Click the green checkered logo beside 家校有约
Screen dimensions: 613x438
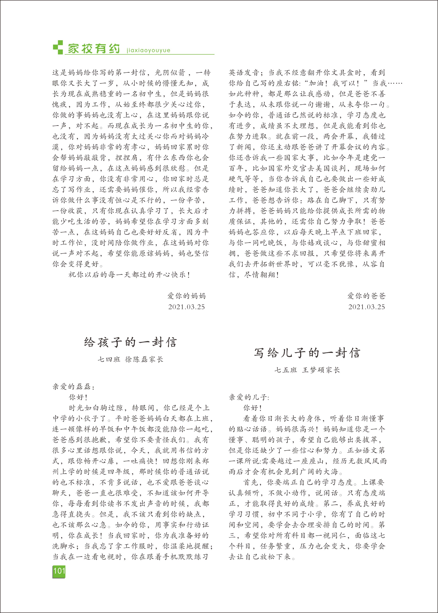coord(58,47)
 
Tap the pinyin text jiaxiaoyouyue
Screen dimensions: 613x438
coord(148,50)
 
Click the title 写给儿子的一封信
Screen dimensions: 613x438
coord(307,353)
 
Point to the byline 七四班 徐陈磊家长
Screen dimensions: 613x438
coord(130,359)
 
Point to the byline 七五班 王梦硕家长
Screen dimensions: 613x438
coord(307,370)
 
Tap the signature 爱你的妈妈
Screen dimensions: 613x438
coord(186,296)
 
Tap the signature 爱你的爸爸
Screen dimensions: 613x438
coord(366,296)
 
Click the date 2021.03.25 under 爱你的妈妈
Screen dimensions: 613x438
coord(186,307)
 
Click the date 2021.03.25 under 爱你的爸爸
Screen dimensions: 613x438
coord(366,307)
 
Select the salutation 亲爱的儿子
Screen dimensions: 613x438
coord(249,397)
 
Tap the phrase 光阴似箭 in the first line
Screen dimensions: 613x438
coord(170,73)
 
